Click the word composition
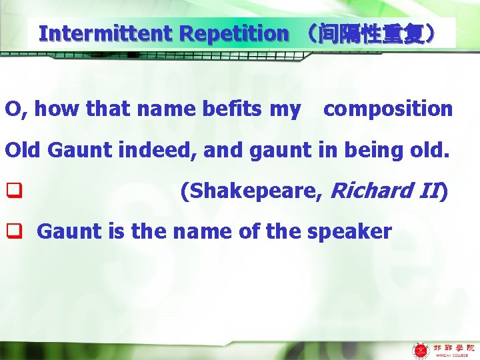[x=388, y=109]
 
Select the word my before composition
[x=285, y=109]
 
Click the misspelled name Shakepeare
[x=253, y=191]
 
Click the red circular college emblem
[x=421, y=349]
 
